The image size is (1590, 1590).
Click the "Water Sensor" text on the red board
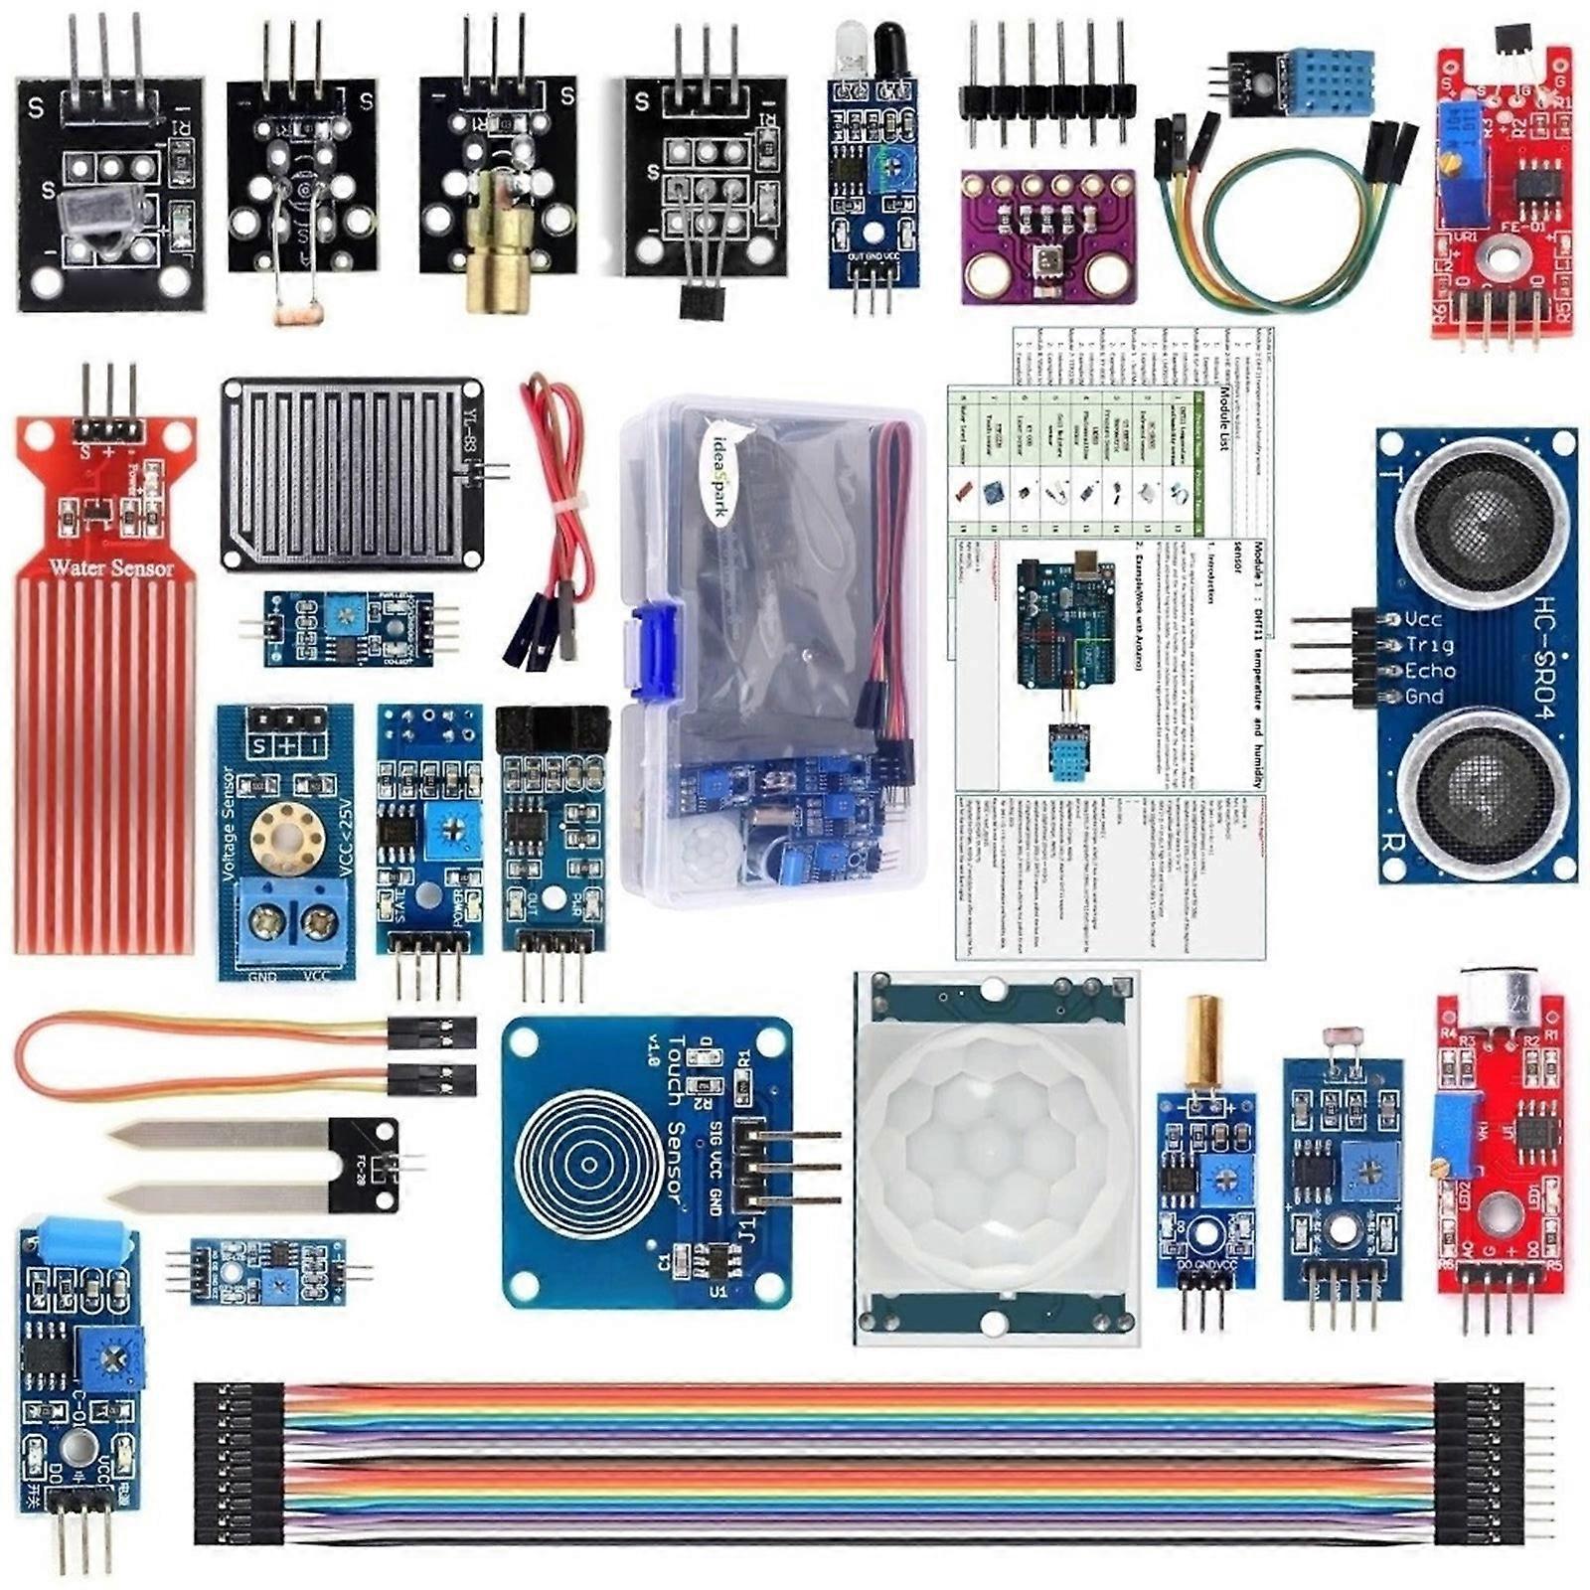coord(111,568)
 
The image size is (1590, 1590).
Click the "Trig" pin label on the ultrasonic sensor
coord(1429,644)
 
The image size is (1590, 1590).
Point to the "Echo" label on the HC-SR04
coord(1430,671)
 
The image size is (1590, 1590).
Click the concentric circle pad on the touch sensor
coord(586,1163)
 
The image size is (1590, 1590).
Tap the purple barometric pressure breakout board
coord(1047,236)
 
